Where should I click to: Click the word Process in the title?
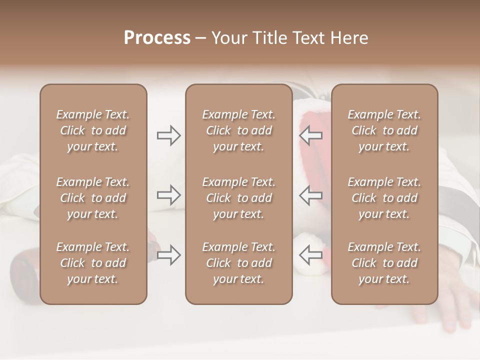click(x=157, y=38)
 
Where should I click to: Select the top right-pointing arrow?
click(x=168, y=135)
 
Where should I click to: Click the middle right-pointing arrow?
click(x=168, y=195)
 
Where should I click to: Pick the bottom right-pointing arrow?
click(x=168, y=255)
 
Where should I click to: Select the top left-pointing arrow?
click(x=310, y=135)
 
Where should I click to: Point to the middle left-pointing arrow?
click(x=310, y=195)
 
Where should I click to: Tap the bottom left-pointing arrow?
click(x=310, y=255)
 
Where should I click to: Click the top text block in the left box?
click(x=93, y=130)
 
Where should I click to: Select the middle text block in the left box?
click(x=93, y=198)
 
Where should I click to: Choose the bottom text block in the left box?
click(x=93, y=263)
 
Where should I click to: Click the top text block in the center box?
click(x=238, y=130)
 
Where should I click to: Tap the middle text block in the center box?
click(x=238, y=198)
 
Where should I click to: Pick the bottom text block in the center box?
click(x=238, y=263)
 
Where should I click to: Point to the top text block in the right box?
click(x=384, y=130)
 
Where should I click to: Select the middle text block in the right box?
click(x=384, y=198)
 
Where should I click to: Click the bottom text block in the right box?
click(x=384, y=263)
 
